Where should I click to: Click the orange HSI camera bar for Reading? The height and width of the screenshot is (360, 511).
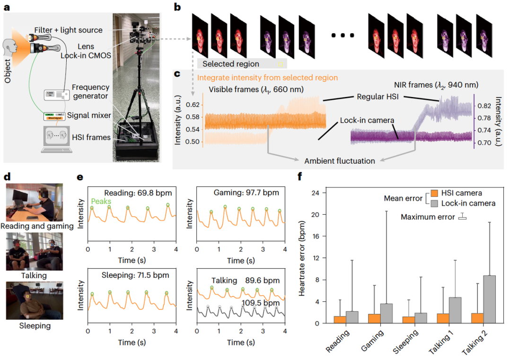[340, 320]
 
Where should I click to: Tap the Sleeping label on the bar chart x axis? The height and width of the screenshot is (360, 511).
[405, 342]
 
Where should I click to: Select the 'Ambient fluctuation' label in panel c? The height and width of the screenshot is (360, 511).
[340, 161]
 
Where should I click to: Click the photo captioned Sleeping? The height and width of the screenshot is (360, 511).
[34, 300]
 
